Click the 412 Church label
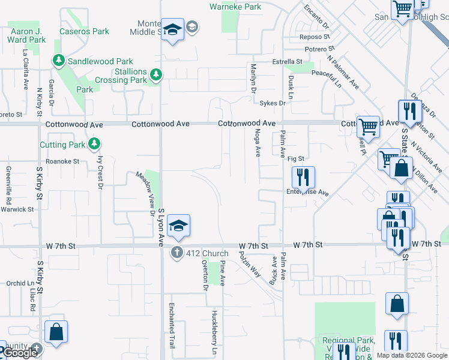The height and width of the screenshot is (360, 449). tap(208, 253)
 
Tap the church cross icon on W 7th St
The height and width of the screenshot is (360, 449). tap(177, 253)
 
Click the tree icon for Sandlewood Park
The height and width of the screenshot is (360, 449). tap(59, 61)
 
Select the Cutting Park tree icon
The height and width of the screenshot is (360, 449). tap(94, 144)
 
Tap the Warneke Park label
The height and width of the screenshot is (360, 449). tap(235, 7)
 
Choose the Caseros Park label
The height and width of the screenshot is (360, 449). tap(84, 31)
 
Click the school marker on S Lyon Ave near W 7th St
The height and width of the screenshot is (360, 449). tap(178, 226)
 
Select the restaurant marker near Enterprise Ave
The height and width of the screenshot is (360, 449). tap(303, 178)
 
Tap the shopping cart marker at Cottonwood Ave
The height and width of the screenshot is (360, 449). tap(368, 127)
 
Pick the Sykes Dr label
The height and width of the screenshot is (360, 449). tap(273, 103)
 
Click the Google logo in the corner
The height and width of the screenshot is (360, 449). tap(20, 353)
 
